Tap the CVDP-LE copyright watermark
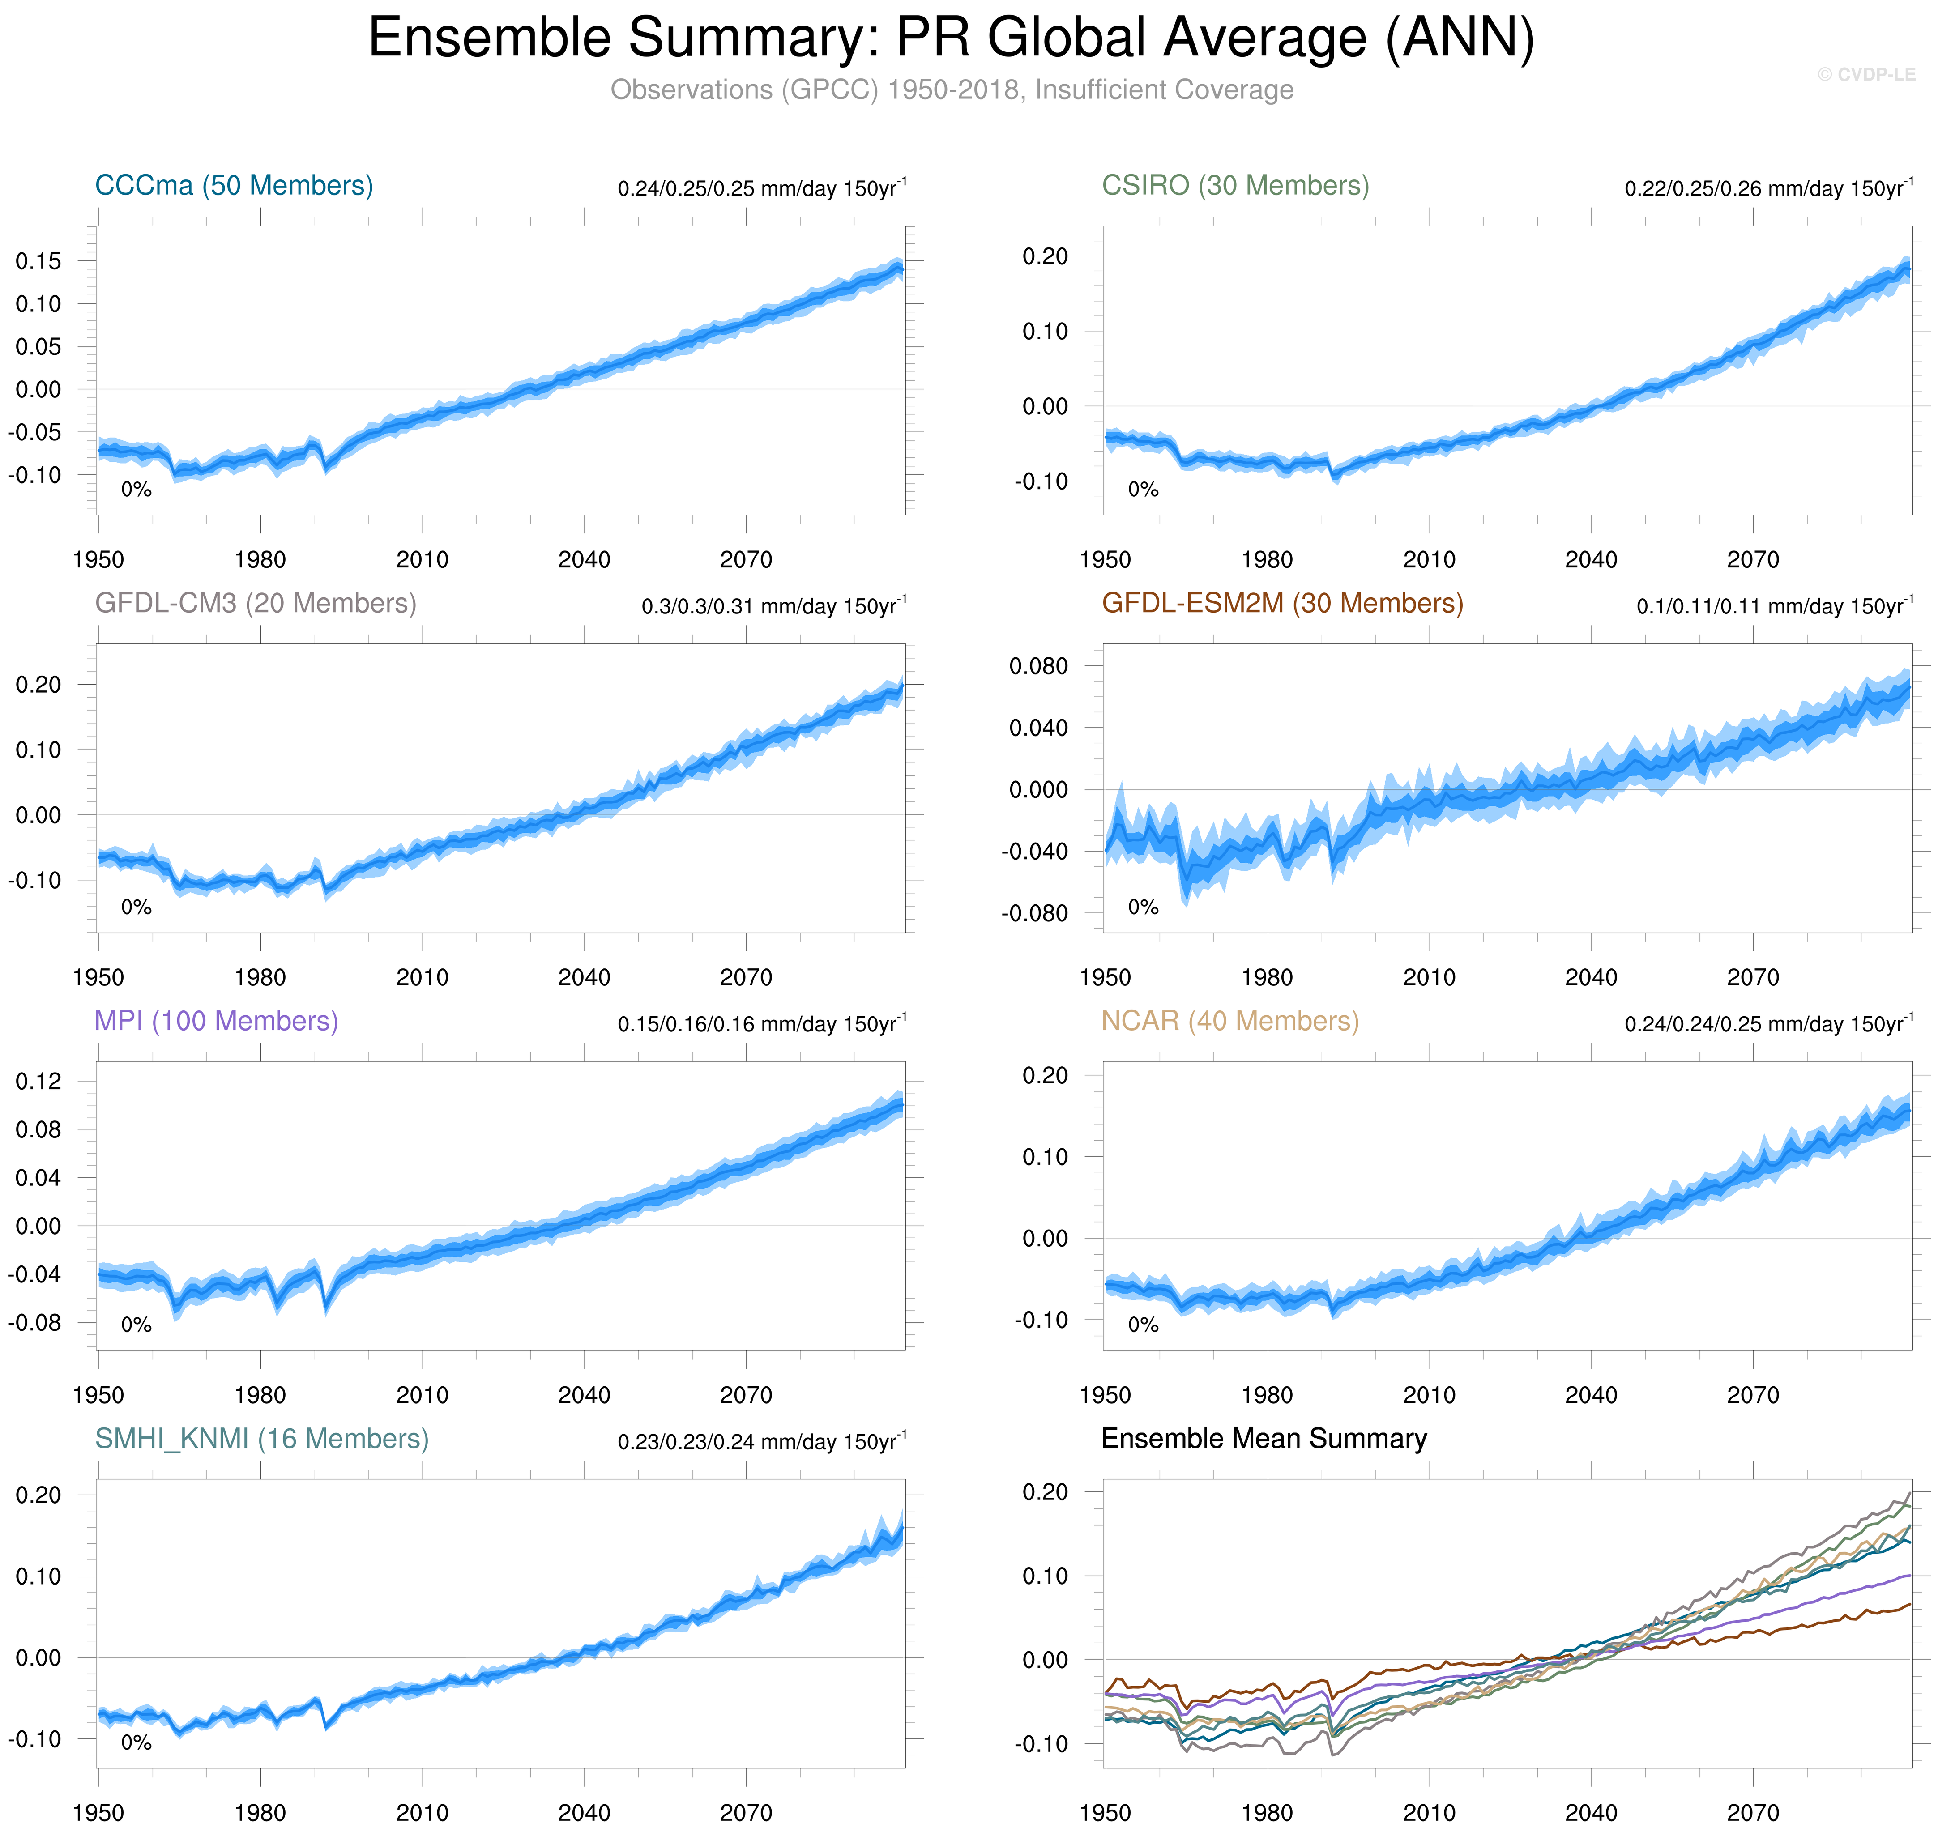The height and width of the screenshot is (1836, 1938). pyautogui.click(x=1865, y=74)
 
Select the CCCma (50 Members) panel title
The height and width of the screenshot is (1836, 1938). pyautogui.click(x=234, y=186)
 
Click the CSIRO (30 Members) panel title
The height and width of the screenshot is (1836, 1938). pyautogui.click(x=1235, y=186)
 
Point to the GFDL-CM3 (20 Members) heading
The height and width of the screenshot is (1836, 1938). pyautogui.click(x=256, y=604)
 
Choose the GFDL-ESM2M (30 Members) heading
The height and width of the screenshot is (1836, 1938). pyautogui.click(x=1282, y=604)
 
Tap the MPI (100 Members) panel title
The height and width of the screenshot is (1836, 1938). pyautogui.click(x=216, y=1022)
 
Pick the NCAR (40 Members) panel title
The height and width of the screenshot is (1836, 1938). pyautogui.click(x=1230, y=1022)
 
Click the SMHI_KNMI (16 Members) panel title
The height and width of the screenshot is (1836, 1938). pyautogui.click(x=261, y=1440)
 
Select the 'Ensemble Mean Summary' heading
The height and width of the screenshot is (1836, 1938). pyautogui.click(x=1264, y=1440)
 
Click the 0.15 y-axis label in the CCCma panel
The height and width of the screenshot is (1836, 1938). pyautogui.click(x=38, y=261)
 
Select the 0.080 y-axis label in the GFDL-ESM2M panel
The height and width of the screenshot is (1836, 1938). pyautogui.click(x=1038, y=666)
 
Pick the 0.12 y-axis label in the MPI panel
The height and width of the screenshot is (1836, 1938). pyautogui.click(x=38, y=1082)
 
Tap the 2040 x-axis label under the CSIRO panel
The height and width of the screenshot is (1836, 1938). pyautogui.click(x=1591, y=560)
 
